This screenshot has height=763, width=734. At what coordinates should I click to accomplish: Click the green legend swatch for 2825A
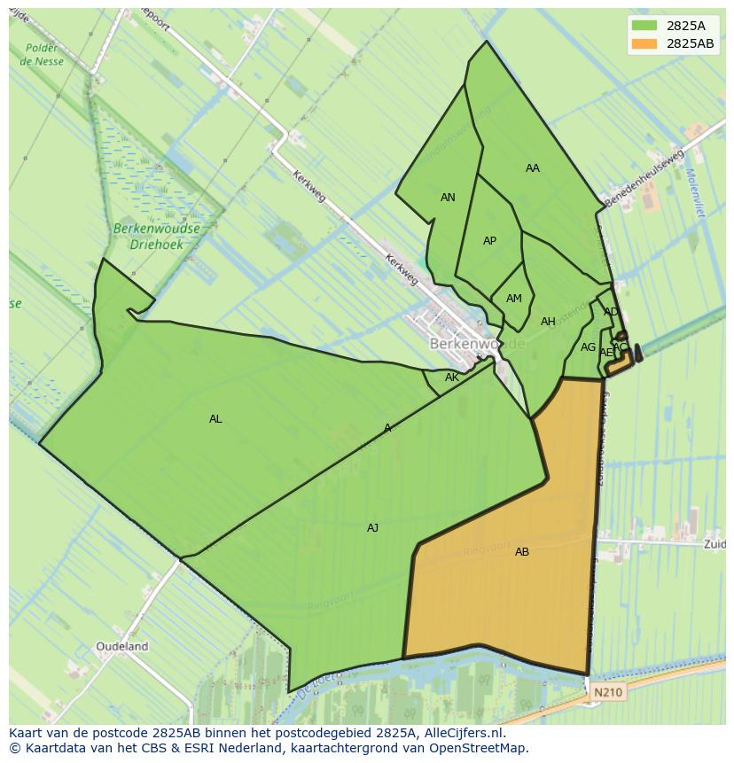point(644,25)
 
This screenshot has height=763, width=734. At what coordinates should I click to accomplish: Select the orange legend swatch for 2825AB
point(644,43)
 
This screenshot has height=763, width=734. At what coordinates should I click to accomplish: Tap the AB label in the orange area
point(522,552)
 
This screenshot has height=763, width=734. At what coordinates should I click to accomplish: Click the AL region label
point(215,419)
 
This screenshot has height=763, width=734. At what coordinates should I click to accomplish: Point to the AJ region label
point(372,528)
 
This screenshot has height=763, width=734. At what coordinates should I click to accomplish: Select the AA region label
point(532,168)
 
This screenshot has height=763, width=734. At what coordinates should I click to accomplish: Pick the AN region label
point(448,198)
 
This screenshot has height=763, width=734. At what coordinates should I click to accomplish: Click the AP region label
point(489,241)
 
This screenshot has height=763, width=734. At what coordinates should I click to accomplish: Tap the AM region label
point(514,299)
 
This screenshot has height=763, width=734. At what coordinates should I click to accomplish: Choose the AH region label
point(548,322)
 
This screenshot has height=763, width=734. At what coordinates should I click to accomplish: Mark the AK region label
point(452,378)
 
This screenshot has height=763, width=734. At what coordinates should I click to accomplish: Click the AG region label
point(588,347)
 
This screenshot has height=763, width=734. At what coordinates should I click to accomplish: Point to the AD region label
point(611,312)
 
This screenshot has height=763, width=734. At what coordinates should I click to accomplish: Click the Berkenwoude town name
point(477,343)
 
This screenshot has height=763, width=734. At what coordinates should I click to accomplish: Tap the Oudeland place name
point(122,647)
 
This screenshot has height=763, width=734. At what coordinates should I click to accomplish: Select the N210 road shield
point(608,692)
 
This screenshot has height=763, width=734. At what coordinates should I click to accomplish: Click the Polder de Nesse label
point(42,55)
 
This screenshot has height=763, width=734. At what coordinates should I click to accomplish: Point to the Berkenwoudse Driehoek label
point(157,235)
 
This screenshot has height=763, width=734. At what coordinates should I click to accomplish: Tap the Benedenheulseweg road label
point(644,178)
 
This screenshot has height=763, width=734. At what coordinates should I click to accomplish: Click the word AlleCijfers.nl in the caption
point(464,733)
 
